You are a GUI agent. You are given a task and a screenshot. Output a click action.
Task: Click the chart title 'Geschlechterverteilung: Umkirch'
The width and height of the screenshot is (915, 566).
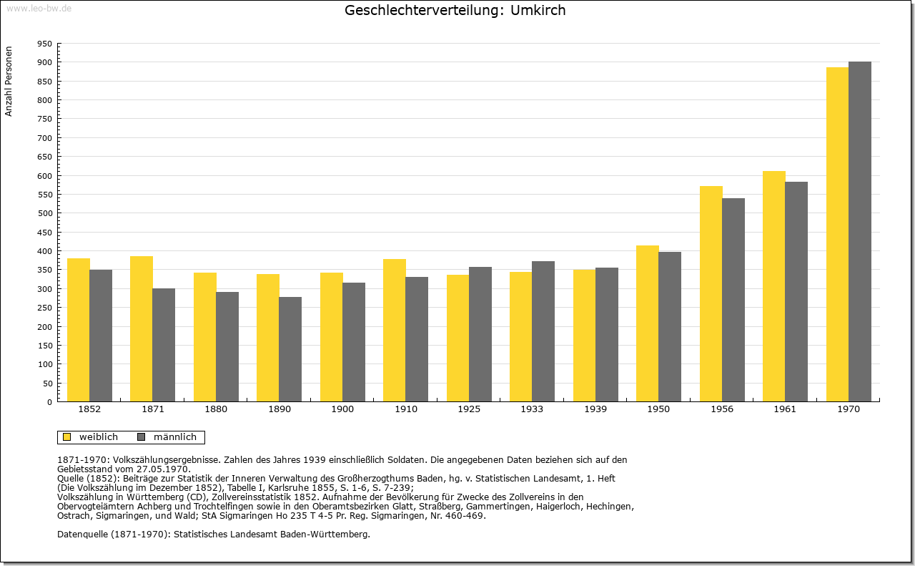pyautogui.click(x=455, y=10)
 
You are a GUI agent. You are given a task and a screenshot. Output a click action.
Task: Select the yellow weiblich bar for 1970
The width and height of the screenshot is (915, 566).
pyautogui.click(x=837, y=234)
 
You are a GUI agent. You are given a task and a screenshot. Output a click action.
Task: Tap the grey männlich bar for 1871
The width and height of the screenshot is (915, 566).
pyautogui.click(x=164, y=345)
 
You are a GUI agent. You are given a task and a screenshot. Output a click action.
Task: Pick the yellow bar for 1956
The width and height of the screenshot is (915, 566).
pyautogui.click(x=711, y=294)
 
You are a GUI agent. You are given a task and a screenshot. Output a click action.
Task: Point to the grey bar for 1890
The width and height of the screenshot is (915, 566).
pyautogui.click(x=290, y=349)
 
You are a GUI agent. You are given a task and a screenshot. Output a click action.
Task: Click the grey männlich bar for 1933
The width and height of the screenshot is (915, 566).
pyautogui.click(x=543, y=332)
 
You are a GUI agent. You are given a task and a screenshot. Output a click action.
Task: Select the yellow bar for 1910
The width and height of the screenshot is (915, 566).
pyautogui.click(x=395, y=331)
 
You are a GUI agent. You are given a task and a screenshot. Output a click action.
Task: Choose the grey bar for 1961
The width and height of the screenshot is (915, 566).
pyautogui.click(x=796, y=292)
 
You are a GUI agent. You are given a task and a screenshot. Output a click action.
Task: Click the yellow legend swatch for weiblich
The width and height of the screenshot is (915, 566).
pyautogui.click(x=67, y=437)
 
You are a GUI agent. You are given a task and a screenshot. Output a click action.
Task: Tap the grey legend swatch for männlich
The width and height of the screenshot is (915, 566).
pyautogui.click(x=142, y=437)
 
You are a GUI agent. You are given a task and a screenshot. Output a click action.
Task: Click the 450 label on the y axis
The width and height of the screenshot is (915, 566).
pyautogui.click(x=45, y=233)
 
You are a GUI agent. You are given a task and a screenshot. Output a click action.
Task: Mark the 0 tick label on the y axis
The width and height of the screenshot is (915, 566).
pyautogui.click(x=49, y=402)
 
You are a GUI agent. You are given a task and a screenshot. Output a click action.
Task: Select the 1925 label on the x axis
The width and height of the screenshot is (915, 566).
pyautogui.click(x=469, y=409)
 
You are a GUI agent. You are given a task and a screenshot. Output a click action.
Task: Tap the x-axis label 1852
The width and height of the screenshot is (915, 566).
pyautogui.click(x=89, y=409)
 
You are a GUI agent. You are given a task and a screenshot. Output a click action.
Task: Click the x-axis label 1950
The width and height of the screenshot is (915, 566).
pyautogui.click(x=658, y=409)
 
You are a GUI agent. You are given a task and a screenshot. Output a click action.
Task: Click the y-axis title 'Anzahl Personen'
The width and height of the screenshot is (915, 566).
pyautogui.click(x=9, y=82)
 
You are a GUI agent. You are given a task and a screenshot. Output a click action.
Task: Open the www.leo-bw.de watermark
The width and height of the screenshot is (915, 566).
pyautogui.click(x=39, y=9)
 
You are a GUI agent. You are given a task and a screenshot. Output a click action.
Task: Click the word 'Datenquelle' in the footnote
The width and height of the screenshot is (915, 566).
pyautogui.click(x=83, y=535)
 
